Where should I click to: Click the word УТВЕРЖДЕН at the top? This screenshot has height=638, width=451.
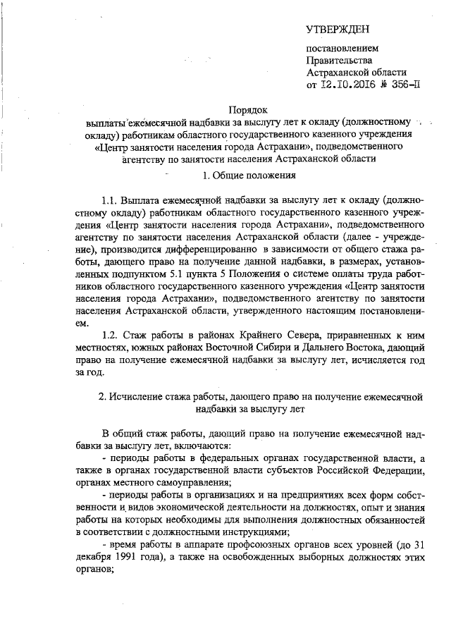click(337, 29)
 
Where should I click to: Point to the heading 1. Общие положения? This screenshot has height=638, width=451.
click(249, 173)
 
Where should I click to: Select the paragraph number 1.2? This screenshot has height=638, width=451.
click(110, 336)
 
